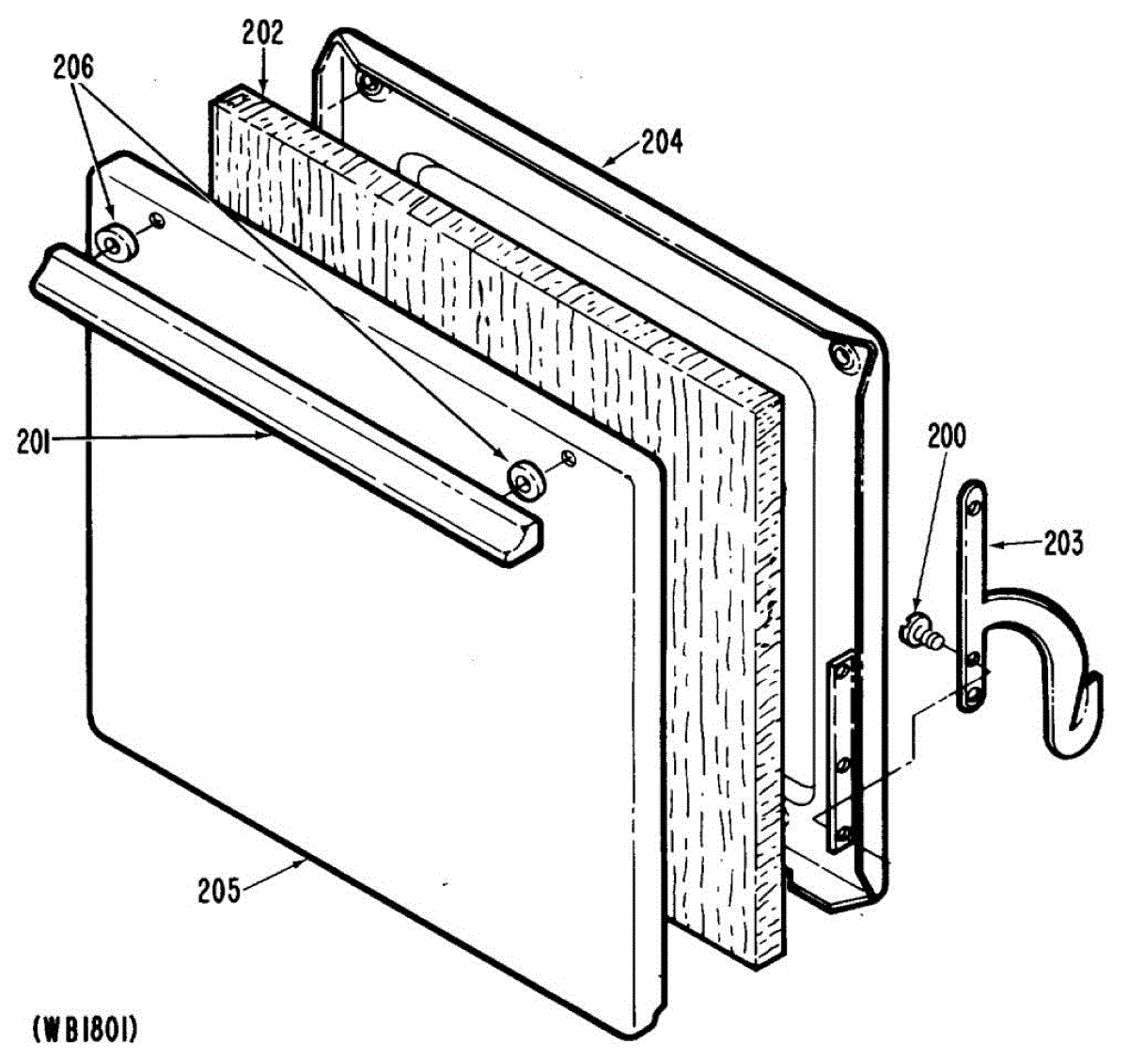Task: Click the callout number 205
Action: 218,889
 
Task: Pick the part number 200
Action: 946,437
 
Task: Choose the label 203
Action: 1063,543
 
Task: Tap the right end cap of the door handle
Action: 523,545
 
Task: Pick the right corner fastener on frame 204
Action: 838,356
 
